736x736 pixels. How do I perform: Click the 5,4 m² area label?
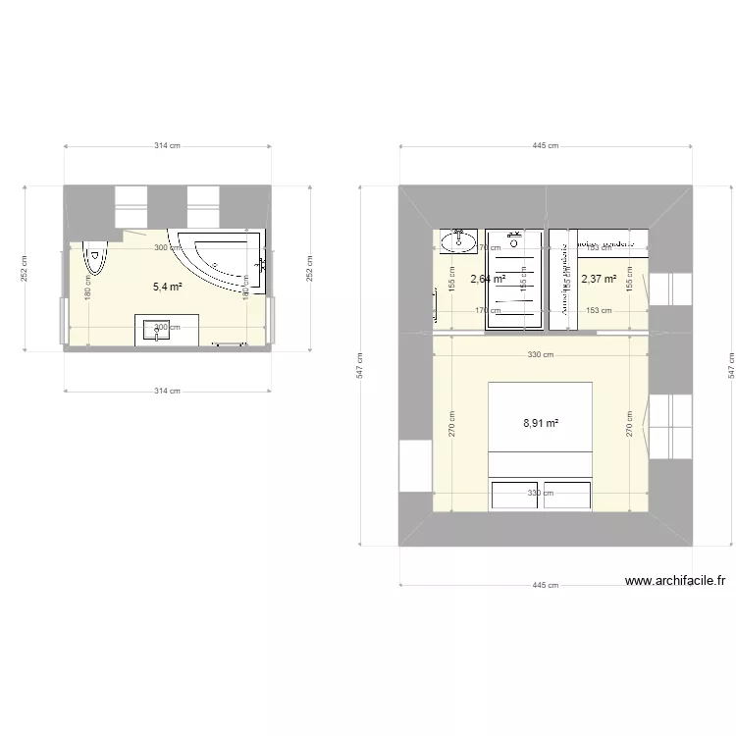(x=167, y=287)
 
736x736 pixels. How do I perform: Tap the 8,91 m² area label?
(x=540, y=424)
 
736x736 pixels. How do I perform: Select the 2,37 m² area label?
(x=599, y=279)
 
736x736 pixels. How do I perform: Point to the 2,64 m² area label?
(x=488, y=279)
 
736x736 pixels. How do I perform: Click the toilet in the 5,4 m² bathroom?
(x=96, y=257)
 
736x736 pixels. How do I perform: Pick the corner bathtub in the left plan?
(x=222, y=259)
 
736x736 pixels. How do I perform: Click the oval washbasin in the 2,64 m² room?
(x=458, y=240)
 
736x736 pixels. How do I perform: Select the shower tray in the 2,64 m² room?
(x=514, y=279)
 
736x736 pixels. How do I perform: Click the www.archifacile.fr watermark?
(x=676, y=581)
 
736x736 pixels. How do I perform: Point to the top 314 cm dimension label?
(x=167, y=146)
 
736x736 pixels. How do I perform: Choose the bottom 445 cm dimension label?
(x=546, y=586)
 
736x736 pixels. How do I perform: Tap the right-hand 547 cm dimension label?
(x=730, y=365)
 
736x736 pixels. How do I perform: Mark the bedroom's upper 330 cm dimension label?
(x=541, y=355)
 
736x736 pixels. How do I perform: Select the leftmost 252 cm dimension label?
(x=25, y=267)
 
